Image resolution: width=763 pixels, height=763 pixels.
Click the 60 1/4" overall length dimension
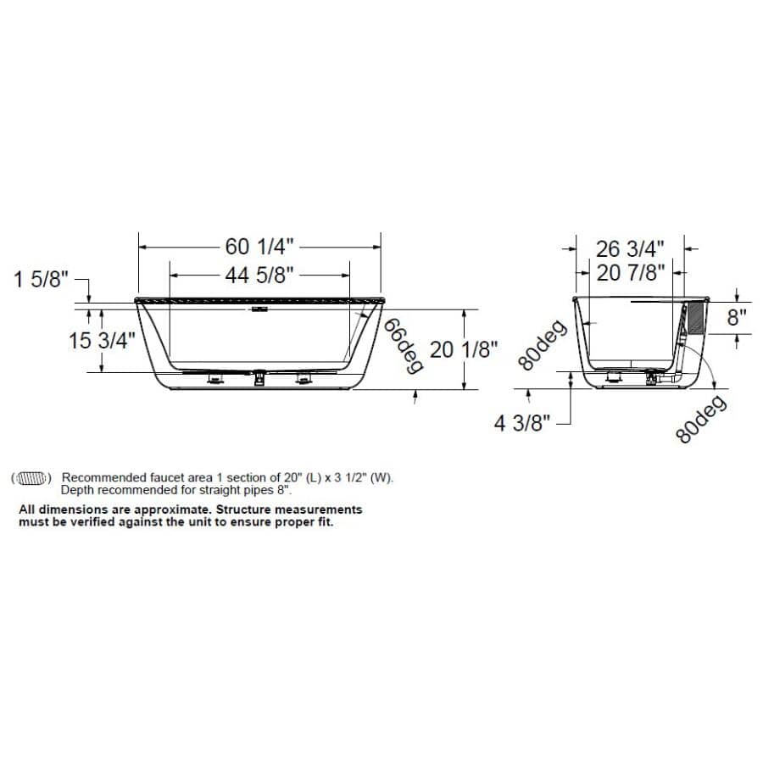(x=259, y=247)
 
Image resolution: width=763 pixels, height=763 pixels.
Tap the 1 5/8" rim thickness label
(x=39, y=279)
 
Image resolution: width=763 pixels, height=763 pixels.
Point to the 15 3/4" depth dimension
(x=102, y=340)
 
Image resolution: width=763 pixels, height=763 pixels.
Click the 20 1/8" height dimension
(x=462, y=348)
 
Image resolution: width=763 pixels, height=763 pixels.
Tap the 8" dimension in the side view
(x=737, y=318)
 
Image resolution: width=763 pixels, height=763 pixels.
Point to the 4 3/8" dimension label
(x=523, y=423)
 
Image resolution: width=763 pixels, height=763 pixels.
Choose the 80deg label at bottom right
(x=702, y=419)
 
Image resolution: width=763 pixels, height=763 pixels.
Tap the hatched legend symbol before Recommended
(x=32, y=478)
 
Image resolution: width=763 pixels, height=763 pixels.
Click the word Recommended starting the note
(x=99, y=478)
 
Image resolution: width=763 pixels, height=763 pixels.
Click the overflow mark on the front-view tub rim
(x=259, y=309)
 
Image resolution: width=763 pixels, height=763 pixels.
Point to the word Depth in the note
(x=77, y=490)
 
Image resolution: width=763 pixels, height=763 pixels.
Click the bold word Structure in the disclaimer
(x=246, y=510)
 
